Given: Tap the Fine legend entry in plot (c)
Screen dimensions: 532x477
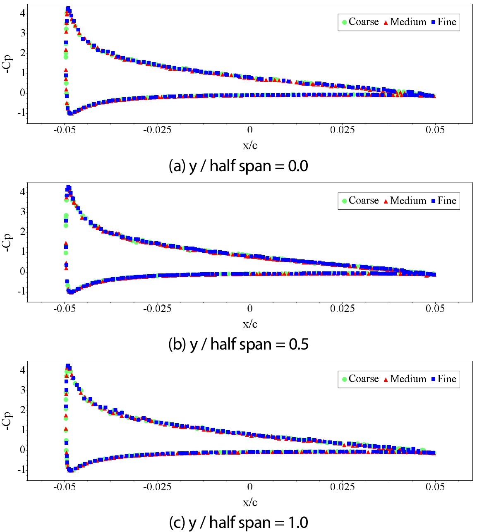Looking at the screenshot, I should pyautogui.click(x=443, y=379).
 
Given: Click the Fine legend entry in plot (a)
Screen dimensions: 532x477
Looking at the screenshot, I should pyautogui.click(x=443, y=22).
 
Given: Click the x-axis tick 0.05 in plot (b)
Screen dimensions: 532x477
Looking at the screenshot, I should pyautogui.click(x=435, y=309).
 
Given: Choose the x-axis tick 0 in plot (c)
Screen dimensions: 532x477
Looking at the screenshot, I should pyautogui.click(x=250, y=487).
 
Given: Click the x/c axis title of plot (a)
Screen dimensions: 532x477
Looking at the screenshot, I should pyautogui.click(x=250, y=145).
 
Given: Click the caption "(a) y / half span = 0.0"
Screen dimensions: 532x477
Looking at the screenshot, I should pyautogui.click(x=239, y=166).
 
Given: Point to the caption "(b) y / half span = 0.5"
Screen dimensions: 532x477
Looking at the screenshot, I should pyautogui.click(x=239, y=344).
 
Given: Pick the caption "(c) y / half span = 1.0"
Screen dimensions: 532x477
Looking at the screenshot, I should pyautogui.click(x=239, y=522).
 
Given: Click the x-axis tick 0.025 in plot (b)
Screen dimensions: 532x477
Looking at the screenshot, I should pyautogui.click(x=343, y=309).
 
